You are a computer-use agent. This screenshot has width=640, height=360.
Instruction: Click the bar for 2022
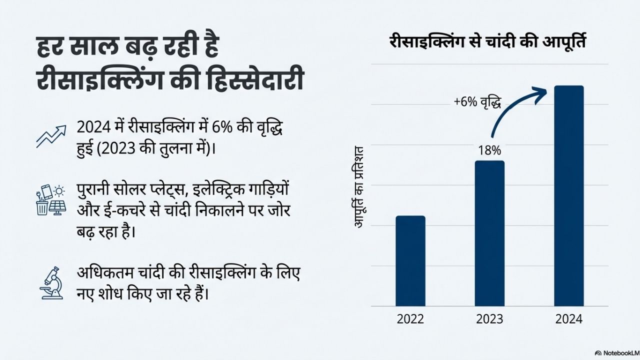(x=410, y=260)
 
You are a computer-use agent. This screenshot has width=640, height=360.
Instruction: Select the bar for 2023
(x=489, y=233)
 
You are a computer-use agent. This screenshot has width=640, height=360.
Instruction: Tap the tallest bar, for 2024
(x=569, y=195)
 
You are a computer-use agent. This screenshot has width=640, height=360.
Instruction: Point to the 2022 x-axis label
(x=410, y=319)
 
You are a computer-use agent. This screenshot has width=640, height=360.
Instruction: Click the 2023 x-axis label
(x=489, y=319)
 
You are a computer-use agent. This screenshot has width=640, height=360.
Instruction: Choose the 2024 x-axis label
(x=569, y=319)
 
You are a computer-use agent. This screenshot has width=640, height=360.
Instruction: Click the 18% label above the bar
(x=489, y=150)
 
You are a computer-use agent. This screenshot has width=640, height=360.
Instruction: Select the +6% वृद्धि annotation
(x=477, y=102)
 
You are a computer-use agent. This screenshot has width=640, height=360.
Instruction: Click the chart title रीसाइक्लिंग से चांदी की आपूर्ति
(x=487, y=42)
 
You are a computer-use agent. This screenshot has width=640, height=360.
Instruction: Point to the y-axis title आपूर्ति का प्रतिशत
(x=358, y=186)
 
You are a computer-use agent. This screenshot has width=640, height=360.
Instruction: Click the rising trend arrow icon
(x=51, y=136)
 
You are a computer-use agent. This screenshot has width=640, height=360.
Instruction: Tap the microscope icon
(x=51, y=283)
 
